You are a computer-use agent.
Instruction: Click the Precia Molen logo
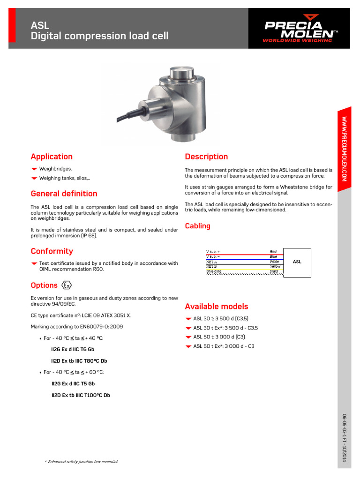tap(300, 30)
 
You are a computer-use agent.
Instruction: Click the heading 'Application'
tap(52, 157)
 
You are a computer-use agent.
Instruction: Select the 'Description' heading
tap(206, 157)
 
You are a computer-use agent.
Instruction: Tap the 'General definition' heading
tap(64, 194)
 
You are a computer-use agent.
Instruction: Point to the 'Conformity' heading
tap(52, 251)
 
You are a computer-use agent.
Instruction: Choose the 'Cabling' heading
tap(197, 226)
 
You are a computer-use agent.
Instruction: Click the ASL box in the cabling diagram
tap(297, 262)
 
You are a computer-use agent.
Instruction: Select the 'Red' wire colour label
tap(273, 252)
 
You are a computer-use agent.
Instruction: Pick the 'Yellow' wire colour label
tap(275, 266)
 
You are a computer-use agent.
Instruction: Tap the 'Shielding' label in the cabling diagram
tap(214, 271)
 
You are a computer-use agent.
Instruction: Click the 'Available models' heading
tap(216, 307)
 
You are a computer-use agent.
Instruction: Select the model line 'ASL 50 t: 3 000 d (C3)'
tap(219, 337)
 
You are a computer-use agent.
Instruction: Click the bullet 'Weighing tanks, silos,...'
tap(65, 178)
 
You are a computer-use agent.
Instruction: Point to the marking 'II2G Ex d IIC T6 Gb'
tap(72, 349)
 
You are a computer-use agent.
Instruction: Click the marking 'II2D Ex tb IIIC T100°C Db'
tap(81, 395)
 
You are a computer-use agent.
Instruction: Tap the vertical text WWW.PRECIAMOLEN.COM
tap(344, 149)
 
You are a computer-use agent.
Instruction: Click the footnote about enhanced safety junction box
tap(81, 462)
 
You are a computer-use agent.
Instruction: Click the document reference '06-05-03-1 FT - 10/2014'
tap(344, 438)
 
